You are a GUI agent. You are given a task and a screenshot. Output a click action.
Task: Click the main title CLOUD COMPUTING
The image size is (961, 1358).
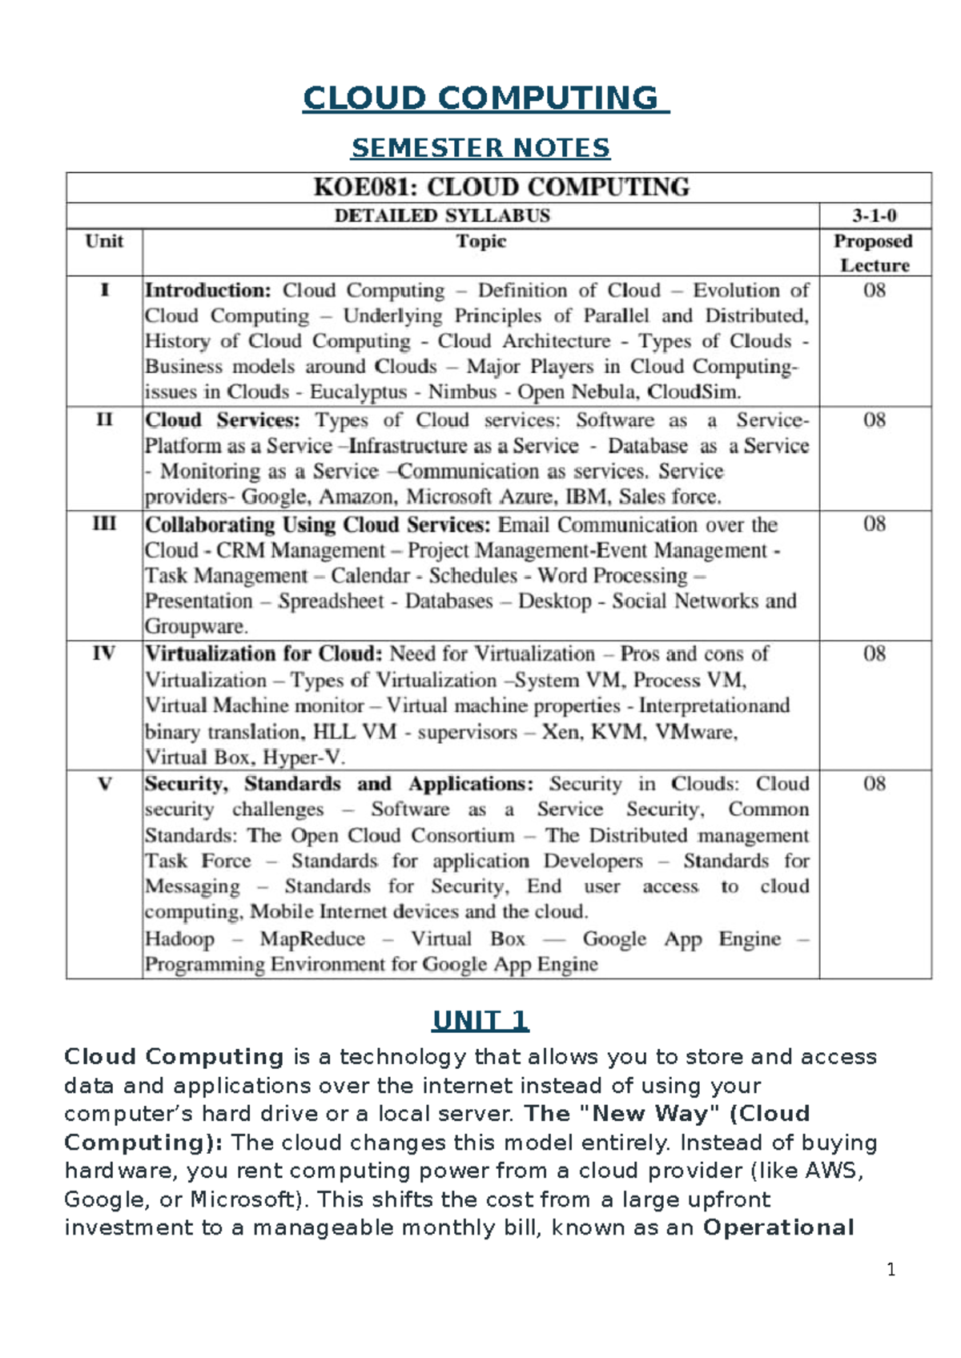pyautogui.click(x=485, y=98)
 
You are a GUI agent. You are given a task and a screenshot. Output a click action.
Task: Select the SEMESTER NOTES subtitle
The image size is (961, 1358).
pyautogui.click(x=480, y=148)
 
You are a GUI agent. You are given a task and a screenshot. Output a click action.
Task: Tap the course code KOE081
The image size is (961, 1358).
pyautogui.click(x=364, y=187)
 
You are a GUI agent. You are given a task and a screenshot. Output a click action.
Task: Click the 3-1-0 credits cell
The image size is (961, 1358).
pyautogui.click(x=875, y=215)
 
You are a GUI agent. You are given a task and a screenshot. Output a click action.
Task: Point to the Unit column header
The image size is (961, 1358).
pyautogui.click(x=104, y=241)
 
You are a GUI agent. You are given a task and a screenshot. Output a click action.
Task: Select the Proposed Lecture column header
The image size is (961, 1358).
pyautogui.click(x=874, y=252)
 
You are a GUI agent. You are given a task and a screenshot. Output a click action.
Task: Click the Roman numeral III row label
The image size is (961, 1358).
pyautogui.click(x=104, y=524)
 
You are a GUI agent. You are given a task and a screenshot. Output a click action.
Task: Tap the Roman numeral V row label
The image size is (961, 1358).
pyautogui.click(x=104, y=784)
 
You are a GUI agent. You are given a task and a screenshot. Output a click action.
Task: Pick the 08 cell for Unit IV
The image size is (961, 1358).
pyautogui.click(x=875, y=654)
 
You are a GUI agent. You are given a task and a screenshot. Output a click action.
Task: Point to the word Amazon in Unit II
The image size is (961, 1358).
pyautogui.click(x=356, y=497)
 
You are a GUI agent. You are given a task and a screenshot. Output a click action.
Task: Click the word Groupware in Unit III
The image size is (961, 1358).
pyautogui.click(x=195, y=627)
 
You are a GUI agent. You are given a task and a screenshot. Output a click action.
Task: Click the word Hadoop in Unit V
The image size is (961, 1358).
pyautogui.click(x=180, y=939)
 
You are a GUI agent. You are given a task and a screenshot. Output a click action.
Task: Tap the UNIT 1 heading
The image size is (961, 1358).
pyautogui.click(x=480, y=1021)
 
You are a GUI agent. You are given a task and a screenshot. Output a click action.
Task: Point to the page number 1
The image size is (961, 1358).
pyautogui.click(x=891, y=1270)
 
